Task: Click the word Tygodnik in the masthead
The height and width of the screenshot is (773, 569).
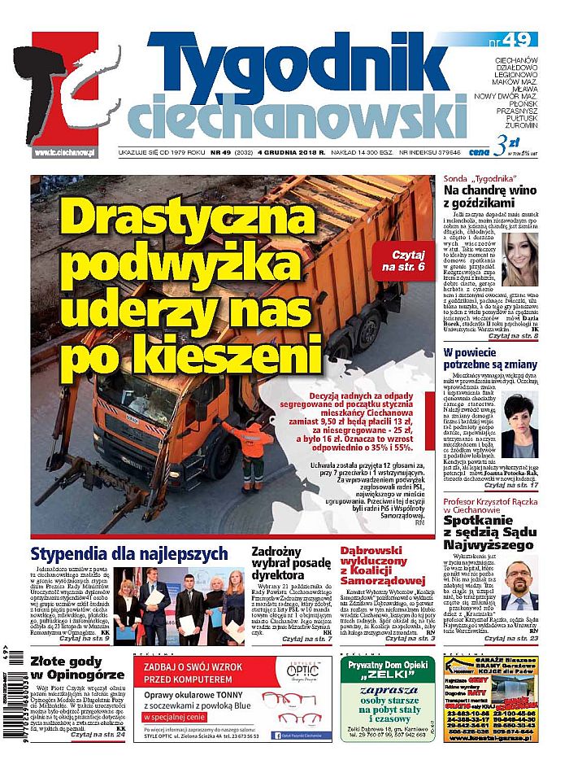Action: tap(309, 68)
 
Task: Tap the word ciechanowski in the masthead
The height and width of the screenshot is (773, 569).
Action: tap(296, 117)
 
